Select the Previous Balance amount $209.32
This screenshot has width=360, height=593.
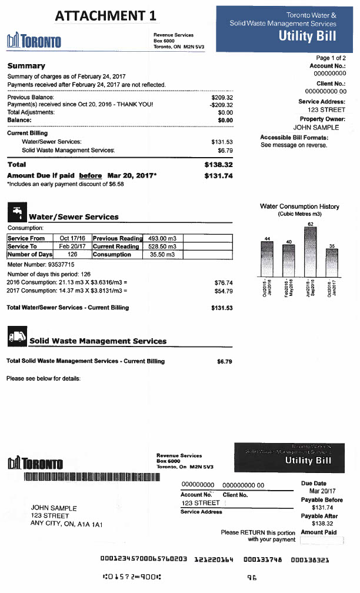point(222,98)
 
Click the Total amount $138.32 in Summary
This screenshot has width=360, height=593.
point(219,165)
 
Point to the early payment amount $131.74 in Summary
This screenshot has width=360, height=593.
point(219,175)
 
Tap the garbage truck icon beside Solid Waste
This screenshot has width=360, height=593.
point(15,338)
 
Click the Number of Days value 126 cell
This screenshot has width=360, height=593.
point(72,254)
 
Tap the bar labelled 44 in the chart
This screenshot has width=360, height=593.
point(267,258)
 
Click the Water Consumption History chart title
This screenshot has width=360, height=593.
point(299,206)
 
